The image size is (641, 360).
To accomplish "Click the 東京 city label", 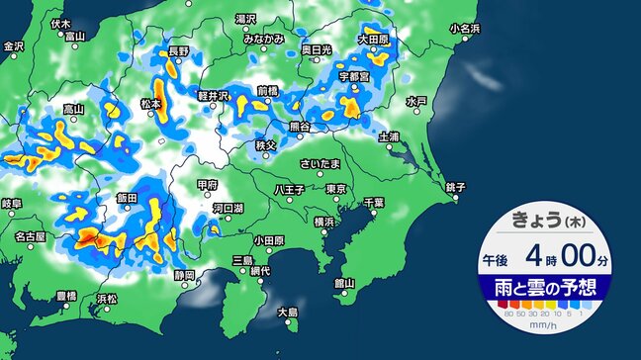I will tap(335, 189).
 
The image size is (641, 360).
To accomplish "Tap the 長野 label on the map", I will tap(179, 50).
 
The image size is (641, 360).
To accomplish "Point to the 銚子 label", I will tap(456, 187).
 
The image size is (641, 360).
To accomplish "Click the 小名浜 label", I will tap(465, 29).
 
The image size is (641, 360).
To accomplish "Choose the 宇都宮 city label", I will tap(354, 75).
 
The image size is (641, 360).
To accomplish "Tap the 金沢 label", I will tap(14, 46).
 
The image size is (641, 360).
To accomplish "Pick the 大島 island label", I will tap(288, 313).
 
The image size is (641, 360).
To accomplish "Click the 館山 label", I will tap(344, 282).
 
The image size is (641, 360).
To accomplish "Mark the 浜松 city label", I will tap(106, 298).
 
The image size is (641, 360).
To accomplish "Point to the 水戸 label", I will tap(416, 101).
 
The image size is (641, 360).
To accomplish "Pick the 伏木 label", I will tap(60, 23).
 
